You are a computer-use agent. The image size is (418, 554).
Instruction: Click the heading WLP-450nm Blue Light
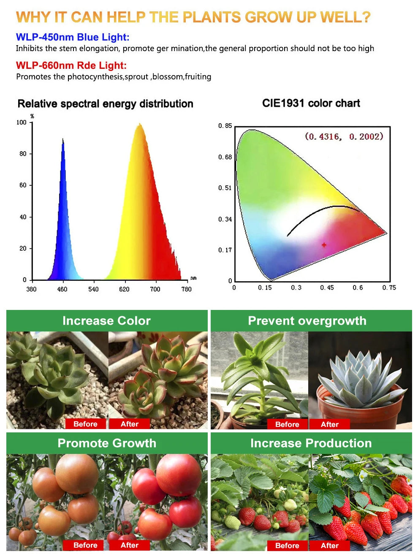(73, 37)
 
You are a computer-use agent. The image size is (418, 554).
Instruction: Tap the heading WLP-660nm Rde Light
(71, 65)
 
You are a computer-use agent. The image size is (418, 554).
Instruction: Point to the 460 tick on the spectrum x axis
(62, 289)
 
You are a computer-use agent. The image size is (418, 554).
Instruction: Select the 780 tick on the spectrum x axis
(186, 289)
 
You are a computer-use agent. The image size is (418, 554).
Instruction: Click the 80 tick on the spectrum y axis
(23, 154)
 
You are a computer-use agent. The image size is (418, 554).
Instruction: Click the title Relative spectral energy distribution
(105, 104)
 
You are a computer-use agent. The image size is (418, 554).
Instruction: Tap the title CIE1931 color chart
(311, 103)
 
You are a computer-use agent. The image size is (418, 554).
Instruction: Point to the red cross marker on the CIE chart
(324, 244)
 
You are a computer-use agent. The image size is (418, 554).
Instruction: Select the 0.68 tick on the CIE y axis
(225, 157)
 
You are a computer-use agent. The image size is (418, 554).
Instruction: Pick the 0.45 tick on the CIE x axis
(327, 288)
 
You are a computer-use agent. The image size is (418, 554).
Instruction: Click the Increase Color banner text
(106, 321)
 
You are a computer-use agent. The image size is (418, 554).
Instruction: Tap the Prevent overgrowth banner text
(307, 321)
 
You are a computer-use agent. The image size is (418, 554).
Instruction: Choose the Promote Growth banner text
(107, 443)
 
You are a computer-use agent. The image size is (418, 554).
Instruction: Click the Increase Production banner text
(311, 443)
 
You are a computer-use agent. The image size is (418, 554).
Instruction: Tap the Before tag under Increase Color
(85, 424)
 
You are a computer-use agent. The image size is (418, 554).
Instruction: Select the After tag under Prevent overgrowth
(329, 424)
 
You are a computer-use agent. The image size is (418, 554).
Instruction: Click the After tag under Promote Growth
(129, 545)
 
